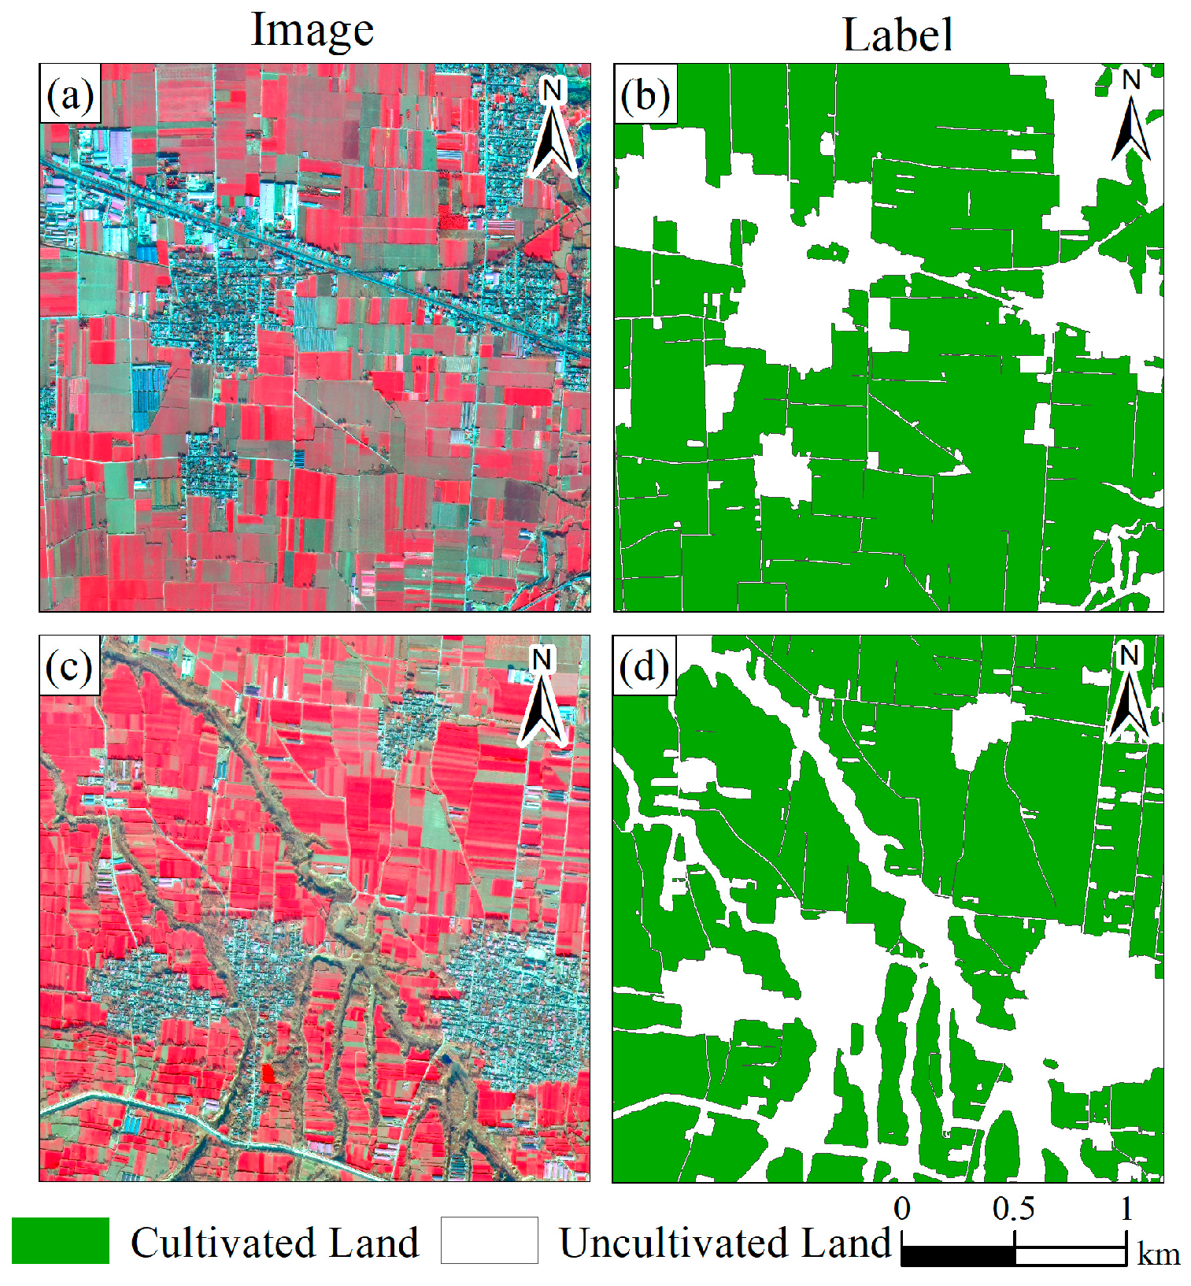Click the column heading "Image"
pyautogui.click(x=312, y=32)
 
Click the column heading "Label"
pyautogui.click(x=897, y=35)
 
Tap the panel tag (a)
pyautogui.click(x=70, y=95)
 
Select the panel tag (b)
pyautogui.click(x=645, y=95)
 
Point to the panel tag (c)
pyautogui.click(x=69, y=667)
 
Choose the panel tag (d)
pyautogui.click(x=644, y=667)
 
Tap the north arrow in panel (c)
pyautogui.click(x=542, y=696)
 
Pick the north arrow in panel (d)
pyautogui.click(x=1128, y=693)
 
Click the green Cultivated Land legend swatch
pyautogui.click(x=61, y=1240)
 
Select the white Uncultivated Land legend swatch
pyautogui.click(x=489, y=1240)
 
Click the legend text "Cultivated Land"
pyautogui.click(x=275, y=1243)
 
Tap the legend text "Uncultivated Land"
pyautogui.click(x=725, y=1243)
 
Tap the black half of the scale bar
pyautogui.click(x=958, y=1255)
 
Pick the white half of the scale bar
pyautogui.click(x=1071, y=1255)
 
